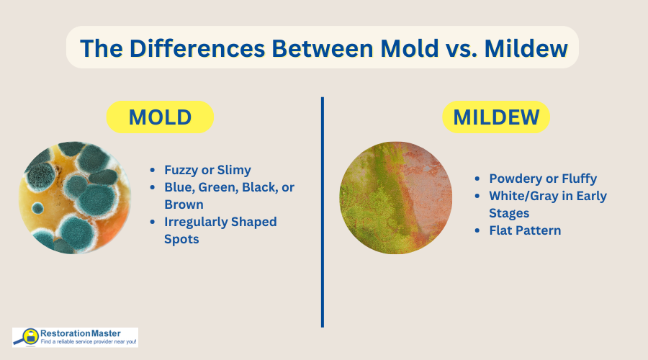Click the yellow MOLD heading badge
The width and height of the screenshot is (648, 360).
click(160, 117)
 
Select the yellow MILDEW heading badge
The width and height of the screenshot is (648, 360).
click(495, 117)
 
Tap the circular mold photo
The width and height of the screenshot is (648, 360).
click(75, 197)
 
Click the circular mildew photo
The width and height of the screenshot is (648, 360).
click(396, 197)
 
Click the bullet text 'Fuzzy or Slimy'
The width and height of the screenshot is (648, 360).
click(207, 170)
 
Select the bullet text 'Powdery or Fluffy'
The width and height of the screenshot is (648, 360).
click(543, 179)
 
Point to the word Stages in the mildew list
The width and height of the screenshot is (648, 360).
click(509, 213)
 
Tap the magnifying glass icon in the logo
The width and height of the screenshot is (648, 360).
click(30, 336)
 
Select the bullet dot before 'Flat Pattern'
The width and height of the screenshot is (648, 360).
click(477, 230)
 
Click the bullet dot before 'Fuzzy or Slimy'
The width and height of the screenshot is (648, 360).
click(153, 170)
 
